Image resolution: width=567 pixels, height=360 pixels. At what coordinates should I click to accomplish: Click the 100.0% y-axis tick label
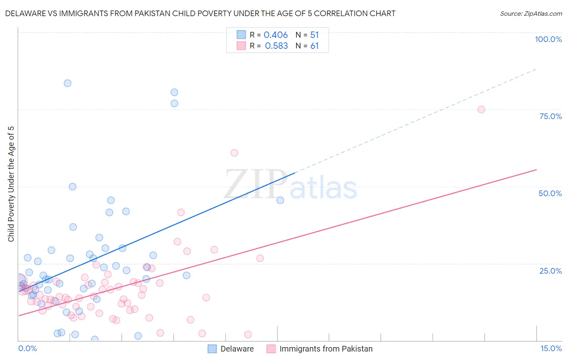tap(548, 39)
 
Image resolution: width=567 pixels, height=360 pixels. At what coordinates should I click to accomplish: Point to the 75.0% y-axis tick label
tap(550, 116)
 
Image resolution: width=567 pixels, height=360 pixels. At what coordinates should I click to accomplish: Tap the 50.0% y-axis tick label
tap(550, 193)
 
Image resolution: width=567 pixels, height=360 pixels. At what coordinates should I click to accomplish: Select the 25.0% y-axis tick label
tap(550, 270)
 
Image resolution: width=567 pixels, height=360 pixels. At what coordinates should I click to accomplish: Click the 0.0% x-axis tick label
tap(27, 348)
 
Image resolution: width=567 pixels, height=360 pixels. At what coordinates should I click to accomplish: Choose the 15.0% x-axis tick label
tap(551, 348)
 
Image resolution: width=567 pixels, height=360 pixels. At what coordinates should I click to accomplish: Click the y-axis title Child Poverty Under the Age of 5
tap(11, 184)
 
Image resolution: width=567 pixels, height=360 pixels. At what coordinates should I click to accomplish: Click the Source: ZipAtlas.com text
tap(531, 13)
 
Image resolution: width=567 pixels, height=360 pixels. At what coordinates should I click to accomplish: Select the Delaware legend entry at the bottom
tap(231, 349)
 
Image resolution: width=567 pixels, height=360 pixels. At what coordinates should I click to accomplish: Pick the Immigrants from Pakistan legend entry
tap(320, 349)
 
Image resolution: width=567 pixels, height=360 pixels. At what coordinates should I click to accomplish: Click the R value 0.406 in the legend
tap(275, 35)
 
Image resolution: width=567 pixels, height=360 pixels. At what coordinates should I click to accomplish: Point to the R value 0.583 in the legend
tap(276, 46)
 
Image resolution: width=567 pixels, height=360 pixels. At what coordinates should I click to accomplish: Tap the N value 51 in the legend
tap(315, 35)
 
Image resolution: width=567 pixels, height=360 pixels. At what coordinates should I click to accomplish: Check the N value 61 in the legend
tap(315, 46)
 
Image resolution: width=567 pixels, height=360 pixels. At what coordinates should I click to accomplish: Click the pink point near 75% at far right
tap(481, 109)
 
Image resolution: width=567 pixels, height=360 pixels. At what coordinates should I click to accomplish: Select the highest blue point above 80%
tap(67, 83)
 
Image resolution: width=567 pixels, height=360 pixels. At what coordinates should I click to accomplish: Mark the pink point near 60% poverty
tap(234, 153)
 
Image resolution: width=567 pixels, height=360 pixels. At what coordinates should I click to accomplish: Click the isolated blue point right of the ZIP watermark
tap(280, 200)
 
